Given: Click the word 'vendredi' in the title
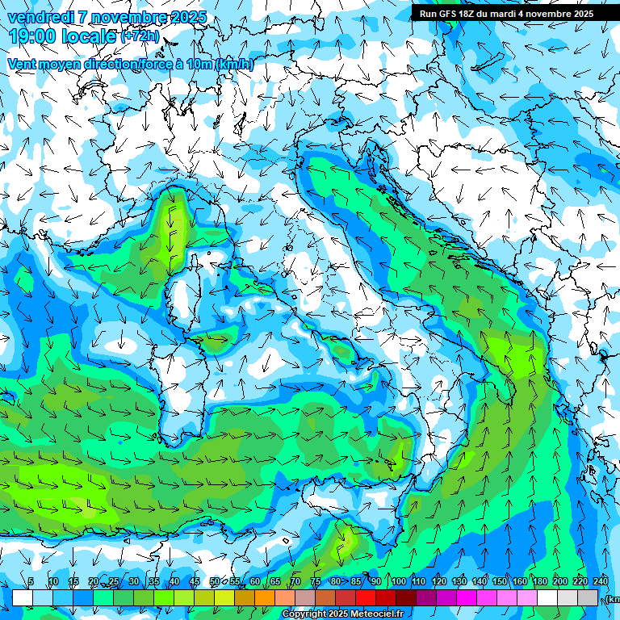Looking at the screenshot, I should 40,17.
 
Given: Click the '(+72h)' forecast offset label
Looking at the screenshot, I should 140,36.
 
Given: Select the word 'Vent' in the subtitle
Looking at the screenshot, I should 23,65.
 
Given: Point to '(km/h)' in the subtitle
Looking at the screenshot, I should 234,65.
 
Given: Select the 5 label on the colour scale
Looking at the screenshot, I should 31,582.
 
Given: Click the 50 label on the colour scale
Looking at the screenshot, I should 215,582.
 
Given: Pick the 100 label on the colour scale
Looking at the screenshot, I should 399,582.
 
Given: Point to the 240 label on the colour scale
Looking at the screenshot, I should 601,582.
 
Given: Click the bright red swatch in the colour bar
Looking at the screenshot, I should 367,597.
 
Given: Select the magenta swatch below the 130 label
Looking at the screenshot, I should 467,597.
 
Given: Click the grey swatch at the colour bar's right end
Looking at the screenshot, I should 589,597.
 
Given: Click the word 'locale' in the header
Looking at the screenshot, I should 90,36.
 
